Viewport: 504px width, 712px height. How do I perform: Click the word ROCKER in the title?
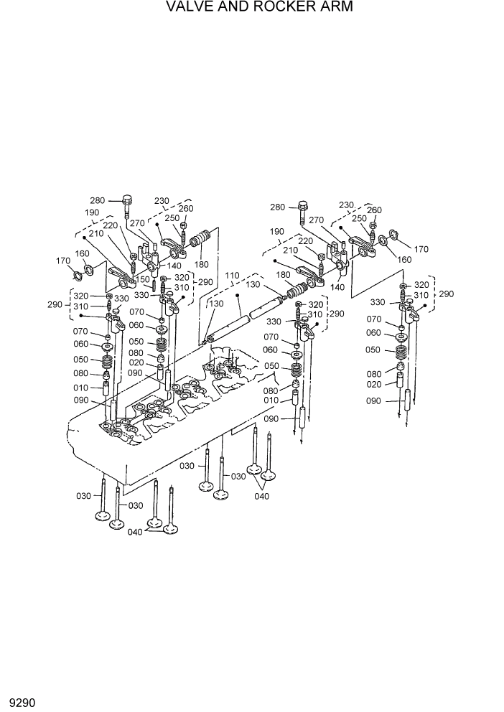270,8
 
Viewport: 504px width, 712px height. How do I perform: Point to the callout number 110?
232,276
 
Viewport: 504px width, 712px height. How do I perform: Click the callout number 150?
143,279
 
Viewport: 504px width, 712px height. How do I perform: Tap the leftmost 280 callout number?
97,200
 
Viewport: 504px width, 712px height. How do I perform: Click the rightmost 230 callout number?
346,205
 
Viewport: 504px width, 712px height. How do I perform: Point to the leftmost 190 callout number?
92,212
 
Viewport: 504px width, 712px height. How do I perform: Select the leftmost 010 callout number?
81,388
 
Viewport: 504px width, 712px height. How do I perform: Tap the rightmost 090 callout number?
374,400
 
